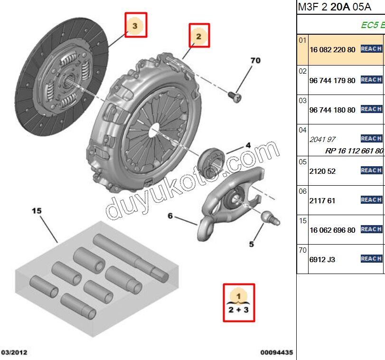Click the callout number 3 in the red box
pyautogui.click(x=135, y=26)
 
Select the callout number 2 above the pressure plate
pyautogui.click(x=199, y=36)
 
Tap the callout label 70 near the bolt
pyautogui.click(x=255, y=60)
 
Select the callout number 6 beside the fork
pyautogui.click(x=170, y=216)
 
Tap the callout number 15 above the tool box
pyautogui.click(x=37, y=210)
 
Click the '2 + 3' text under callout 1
pyautogui.click(x=239, y=311)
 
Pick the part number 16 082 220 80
pyautogui.click(x=332, y=49)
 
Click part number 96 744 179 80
pyautogui.click(x=332, y=80)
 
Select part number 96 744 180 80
pyautogui.click(x=332, y=110)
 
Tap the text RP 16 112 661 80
pyautogui.click(x=354, y=151)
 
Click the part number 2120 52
pyautogui.click(x=322, y=171)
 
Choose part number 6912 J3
pyautogui.click(x=322, y=259)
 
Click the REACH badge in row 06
pyautogui.click(x=371, y=200)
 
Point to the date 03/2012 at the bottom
pyautogui.click(x=14, y=352)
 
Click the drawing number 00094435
pyautogui.click(x=276, y=352)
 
